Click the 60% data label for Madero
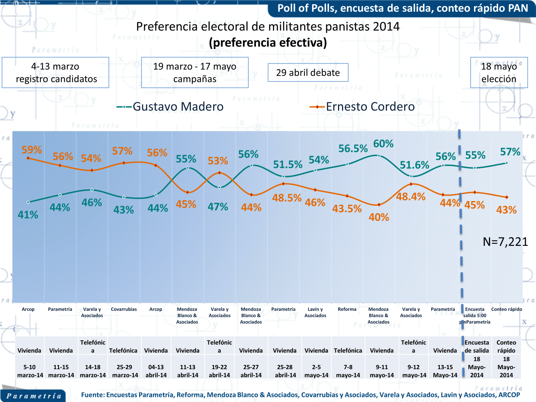click(383, 144)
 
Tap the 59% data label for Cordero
click(31, 150)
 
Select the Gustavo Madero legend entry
click(170, 107)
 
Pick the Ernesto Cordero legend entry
click(362, 107)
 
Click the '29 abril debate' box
click(308, 72)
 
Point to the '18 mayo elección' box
click(499, 72)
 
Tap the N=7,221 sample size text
click(505, 242)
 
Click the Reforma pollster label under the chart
click(347, 309)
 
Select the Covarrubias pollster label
click(124, 309)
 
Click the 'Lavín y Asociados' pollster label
click(315, 312)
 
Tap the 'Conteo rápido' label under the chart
click(507, 309)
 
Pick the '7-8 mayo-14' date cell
click(348, 371)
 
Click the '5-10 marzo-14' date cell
click(30, 371)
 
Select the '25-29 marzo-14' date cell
click(125, 371)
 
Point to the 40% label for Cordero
click(379, 217)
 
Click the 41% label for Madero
click(28, 215)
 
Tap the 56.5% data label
click(353, 148)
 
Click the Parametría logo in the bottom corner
click(33, 396)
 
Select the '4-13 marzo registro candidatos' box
click(56, 72)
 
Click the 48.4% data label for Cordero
click(411, 197)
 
